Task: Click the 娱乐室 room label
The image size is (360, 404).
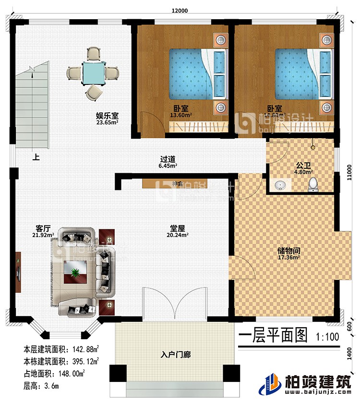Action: pyautogui.click(x=107, y=116)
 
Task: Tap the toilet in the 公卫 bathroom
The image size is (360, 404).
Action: pyautogui.click(x=314, y=183)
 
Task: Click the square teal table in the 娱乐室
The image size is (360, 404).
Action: pyautogui.click(x=93, y=72)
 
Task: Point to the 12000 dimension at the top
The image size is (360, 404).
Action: pyautogui.click(x=181, y=10)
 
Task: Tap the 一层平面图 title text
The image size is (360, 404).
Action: pyautogui.click(x=272, y=335)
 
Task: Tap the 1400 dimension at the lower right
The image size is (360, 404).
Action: pyautogui.click(x=351, y=355)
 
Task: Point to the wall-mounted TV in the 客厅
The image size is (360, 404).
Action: pyautogui.click(x=18, y=273)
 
